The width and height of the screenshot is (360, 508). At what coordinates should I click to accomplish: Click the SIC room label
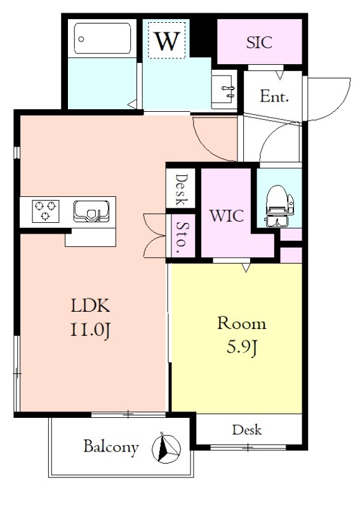coord(259,42)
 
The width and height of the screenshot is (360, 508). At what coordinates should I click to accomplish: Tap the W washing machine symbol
coord(167,41)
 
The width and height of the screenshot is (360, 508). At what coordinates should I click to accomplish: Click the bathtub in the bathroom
coord(102,39)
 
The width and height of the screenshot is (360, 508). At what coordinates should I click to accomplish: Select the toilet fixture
coord(279,206)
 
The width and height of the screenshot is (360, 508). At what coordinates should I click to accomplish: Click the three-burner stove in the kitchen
coord(46,211)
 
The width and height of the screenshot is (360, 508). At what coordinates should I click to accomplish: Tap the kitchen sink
coord(91,211)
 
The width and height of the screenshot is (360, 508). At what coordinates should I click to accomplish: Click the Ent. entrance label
coord(274,96)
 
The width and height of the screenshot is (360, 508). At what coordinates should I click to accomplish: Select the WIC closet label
coord(227,215)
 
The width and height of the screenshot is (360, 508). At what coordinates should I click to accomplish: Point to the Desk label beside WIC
coord(182,189)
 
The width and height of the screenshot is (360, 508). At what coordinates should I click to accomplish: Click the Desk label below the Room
coord(246,430)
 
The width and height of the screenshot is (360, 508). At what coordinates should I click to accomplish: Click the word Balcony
coord(111,447)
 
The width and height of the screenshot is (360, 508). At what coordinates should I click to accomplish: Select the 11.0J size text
coord(91,330)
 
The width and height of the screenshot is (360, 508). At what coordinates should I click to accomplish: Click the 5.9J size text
coord(241,347)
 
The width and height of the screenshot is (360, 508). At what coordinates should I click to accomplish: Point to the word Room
coord(242,323)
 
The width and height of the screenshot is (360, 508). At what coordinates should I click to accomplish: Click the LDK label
coord(90,305)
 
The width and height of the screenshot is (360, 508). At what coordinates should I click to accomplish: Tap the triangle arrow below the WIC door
coord(246,268)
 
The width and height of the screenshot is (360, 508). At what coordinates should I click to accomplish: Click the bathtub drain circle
coord(81,39)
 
